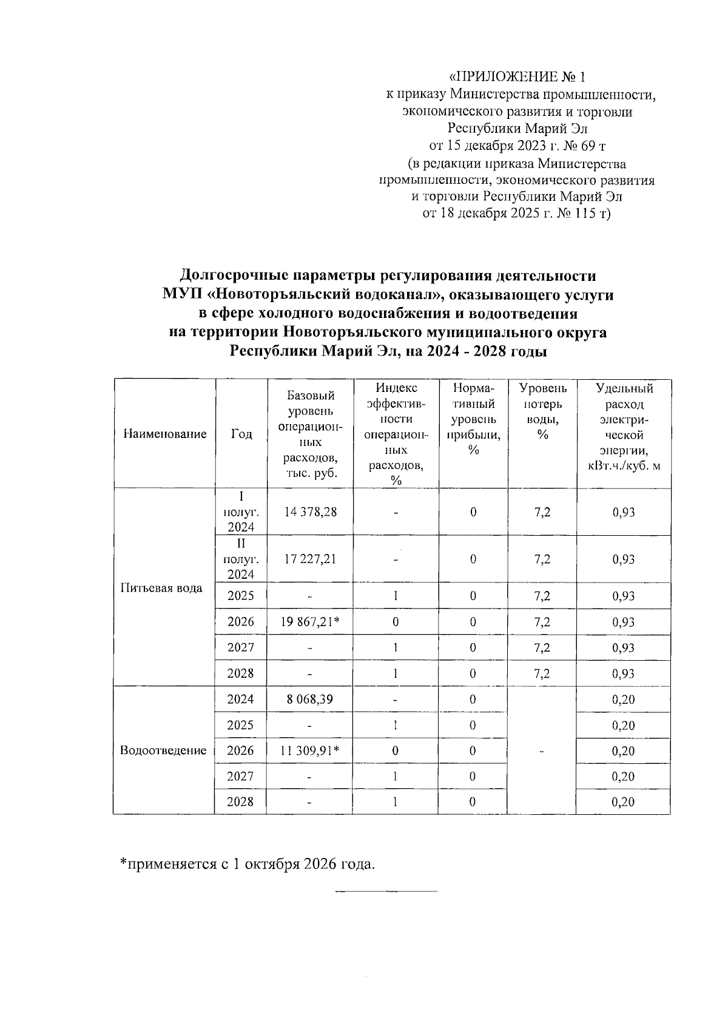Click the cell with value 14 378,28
[310, 512]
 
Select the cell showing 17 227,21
[310, 559]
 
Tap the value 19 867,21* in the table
[310, 622]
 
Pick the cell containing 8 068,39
[310, 699]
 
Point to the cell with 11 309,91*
[310, 751]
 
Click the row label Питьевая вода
[161, 588]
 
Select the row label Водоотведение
[163, 751]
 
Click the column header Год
[241, 434]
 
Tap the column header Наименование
[164, 434]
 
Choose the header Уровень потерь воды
[542, 411]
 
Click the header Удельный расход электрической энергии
[624, 427]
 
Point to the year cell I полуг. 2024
[241, 512]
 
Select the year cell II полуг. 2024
[241, 559]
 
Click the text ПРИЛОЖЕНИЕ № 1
[517, 77]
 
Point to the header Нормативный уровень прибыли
[473, 419]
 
